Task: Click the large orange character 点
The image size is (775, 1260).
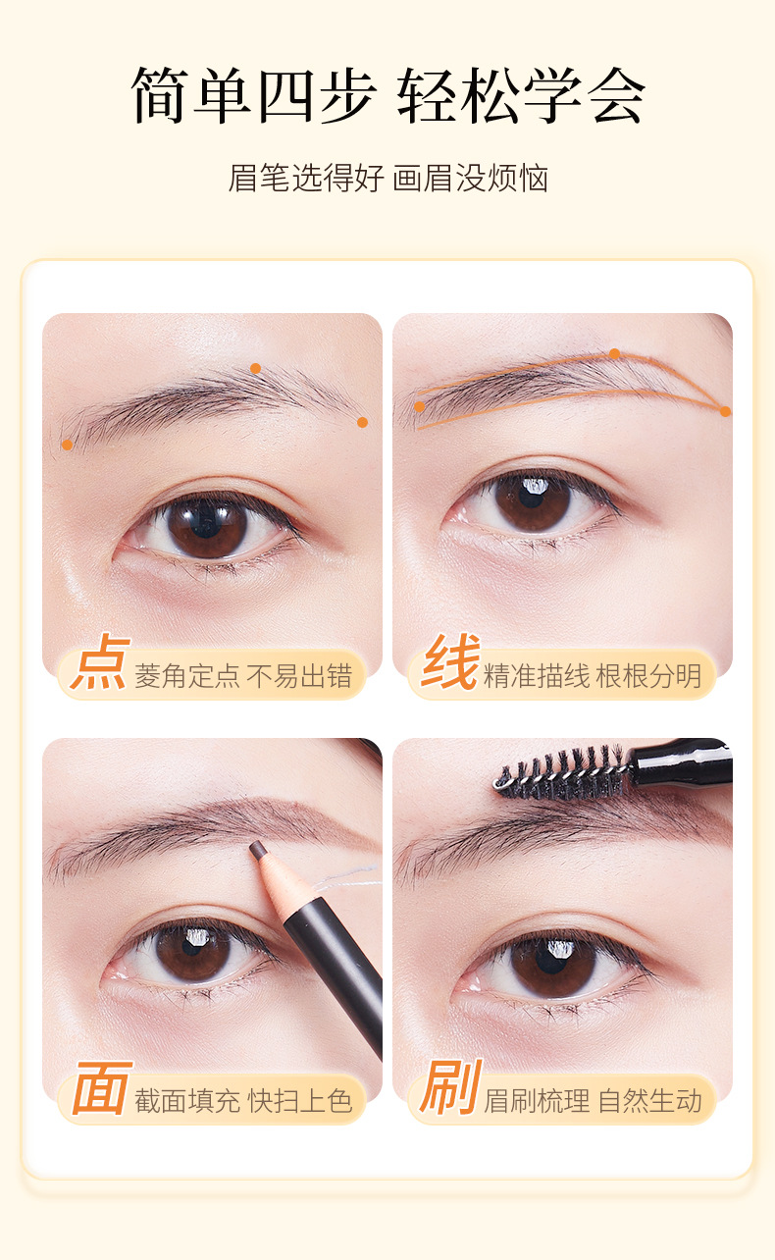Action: point(100,661)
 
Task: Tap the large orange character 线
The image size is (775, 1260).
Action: point(451,661)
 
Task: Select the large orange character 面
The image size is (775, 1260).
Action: point(102,1088)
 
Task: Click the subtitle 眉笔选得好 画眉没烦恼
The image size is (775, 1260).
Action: point(388,179)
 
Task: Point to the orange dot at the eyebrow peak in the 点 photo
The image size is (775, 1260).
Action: point(255,368)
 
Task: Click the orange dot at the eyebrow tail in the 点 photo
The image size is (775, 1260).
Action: point(363,422)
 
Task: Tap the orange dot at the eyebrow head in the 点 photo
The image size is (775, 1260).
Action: point(67,445)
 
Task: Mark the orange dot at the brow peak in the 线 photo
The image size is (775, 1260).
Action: point(615,354)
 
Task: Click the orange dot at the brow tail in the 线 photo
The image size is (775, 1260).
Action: point(726,412)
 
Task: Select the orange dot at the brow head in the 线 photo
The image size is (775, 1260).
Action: point(419,406)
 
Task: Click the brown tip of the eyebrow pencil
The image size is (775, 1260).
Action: point(258,850)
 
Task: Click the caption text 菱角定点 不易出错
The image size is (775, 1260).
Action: point(243,675)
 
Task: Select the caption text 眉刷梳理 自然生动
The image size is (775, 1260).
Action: point(593,1101)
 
